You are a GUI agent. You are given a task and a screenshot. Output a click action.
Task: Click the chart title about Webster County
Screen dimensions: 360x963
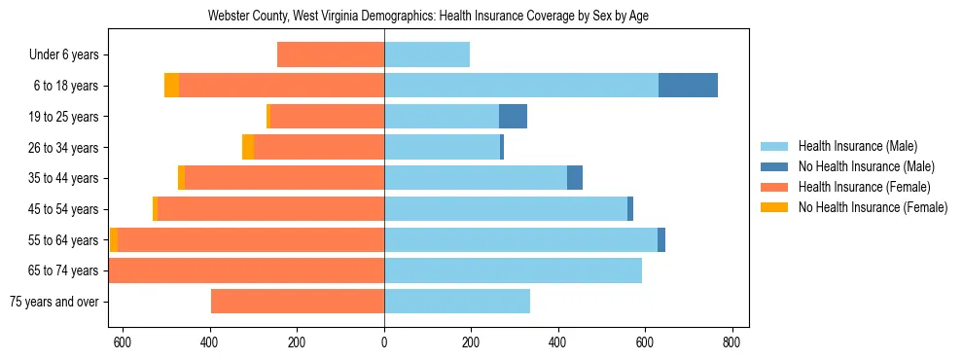428,16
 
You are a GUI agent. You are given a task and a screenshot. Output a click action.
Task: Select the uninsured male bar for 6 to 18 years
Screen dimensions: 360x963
688,86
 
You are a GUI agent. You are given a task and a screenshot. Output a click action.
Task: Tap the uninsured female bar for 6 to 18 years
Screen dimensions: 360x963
171,86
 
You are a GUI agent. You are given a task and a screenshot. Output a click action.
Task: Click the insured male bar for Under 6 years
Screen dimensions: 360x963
427,54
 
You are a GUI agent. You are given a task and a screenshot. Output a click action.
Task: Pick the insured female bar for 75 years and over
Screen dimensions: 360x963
298,302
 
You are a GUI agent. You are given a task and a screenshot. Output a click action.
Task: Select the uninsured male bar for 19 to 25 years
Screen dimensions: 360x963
513,117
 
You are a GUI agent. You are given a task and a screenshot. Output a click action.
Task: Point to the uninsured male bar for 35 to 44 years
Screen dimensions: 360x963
575,178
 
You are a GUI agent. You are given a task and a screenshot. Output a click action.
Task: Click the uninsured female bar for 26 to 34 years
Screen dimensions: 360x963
248,147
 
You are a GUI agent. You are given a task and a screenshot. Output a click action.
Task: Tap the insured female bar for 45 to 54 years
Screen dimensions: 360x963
270,209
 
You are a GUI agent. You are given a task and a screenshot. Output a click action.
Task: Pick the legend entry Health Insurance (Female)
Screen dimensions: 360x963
864,187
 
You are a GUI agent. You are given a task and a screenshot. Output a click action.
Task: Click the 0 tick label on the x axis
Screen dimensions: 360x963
384,342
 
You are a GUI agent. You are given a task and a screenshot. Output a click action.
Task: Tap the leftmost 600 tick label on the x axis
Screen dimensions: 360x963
123,342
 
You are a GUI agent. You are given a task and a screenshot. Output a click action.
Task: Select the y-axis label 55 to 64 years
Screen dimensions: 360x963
63,240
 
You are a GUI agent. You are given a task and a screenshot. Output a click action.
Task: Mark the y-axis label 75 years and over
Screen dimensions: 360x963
54,302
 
